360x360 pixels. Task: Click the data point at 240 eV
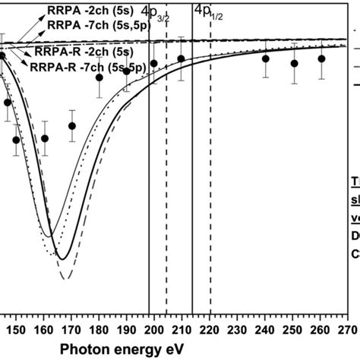(266, 59)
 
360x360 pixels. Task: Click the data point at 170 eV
(71, 126)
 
